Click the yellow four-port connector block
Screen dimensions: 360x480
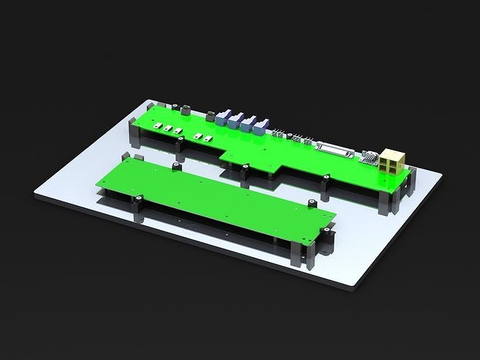[x=393, y=163]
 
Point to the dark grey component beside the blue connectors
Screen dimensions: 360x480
[x=209, y=116]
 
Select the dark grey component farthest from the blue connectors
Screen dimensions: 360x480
[x=184, y=109]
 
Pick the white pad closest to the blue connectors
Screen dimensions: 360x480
[x=208, y=138]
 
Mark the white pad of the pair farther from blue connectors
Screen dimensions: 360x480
[x=198, y=135]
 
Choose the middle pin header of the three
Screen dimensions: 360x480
[x=295, y=138]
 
